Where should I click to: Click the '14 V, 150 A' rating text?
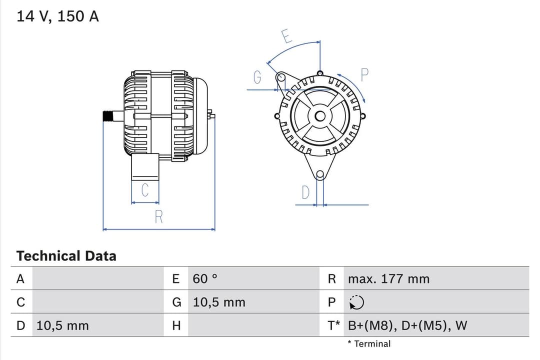click(x=57, y=16)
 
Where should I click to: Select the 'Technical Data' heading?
click(x=66, y=256)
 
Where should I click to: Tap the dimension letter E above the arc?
click(x=286, y=36)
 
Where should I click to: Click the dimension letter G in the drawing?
click(x=257, y=77)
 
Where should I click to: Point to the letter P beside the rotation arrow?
click(x=364, y=75)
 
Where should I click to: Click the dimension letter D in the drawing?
click(x=305, y=192)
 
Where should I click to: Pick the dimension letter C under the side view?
click(x=145, y=190)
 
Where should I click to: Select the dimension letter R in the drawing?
click(x=158, y=217)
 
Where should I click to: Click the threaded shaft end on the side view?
click(x=107, y=116)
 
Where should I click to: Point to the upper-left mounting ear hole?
click(x=281, y=77)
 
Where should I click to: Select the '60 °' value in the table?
click(x=205, y=279)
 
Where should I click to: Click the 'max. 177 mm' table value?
click(x=388, y=279)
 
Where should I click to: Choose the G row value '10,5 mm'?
click(x=219, y=302)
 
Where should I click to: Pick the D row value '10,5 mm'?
click(x=62, y=326)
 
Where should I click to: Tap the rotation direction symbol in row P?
click(x=356, y=302)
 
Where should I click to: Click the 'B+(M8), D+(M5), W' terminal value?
click(x=407, y=326)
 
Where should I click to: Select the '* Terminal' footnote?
click(x=369, y=344)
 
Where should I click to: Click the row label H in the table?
click(x=176, y=326)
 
